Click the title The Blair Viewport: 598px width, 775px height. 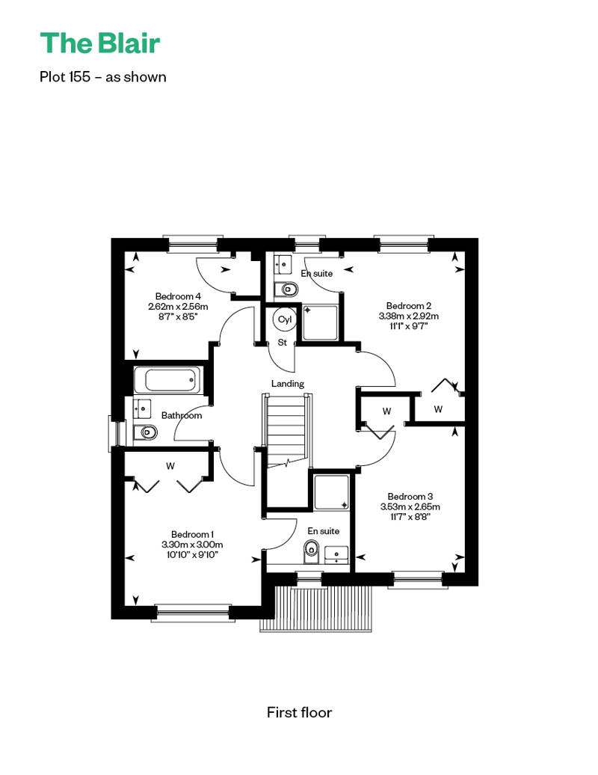pos(100,43)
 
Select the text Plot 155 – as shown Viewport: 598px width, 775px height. pos(102,77)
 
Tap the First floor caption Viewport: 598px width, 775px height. pos(299,712)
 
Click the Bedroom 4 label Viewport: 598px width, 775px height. pos(178,296)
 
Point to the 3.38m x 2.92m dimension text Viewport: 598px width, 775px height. pos(409,316)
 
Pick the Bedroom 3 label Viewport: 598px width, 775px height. pos(410,496)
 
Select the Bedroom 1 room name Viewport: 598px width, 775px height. pos(192,534)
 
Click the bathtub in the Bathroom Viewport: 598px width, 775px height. pos(168,380)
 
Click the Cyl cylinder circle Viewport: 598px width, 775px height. pos(285,319)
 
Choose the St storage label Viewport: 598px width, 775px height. pos(283,343)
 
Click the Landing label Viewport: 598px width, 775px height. pos(287,384)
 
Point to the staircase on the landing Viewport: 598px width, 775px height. pos(287,430)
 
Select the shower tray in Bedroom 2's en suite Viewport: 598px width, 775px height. pos(320,322)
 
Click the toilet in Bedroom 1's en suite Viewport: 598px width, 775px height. pos(311,551)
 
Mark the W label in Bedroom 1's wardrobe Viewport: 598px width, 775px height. pos(170,465)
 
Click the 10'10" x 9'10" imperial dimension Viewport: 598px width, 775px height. pos(192,555)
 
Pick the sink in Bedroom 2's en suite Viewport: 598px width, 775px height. pos(283,264)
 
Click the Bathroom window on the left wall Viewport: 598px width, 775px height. pos(113,434)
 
